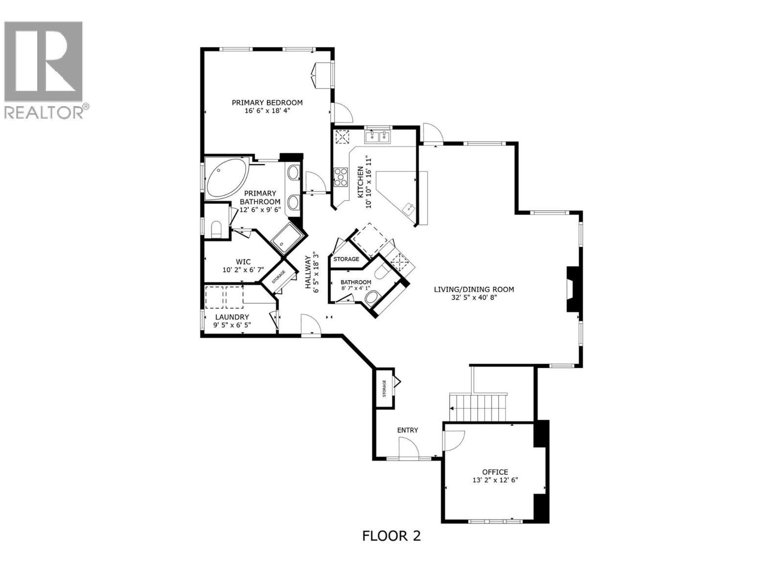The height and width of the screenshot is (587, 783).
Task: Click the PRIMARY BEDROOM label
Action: [267, 103]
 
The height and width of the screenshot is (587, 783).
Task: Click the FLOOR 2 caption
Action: [391, 536]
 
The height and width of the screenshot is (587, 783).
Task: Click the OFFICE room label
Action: [495, 472]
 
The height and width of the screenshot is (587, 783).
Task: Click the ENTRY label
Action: [407, 430]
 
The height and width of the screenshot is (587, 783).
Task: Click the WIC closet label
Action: [243, 262]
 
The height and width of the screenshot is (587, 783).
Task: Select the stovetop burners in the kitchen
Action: [341, 177]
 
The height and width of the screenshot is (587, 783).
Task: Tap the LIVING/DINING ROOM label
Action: [474, 289]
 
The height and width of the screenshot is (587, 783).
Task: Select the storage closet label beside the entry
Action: [384, 388]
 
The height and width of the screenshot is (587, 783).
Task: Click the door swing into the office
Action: [453, 439]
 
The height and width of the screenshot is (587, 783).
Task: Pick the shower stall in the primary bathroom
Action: [286, 238]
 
